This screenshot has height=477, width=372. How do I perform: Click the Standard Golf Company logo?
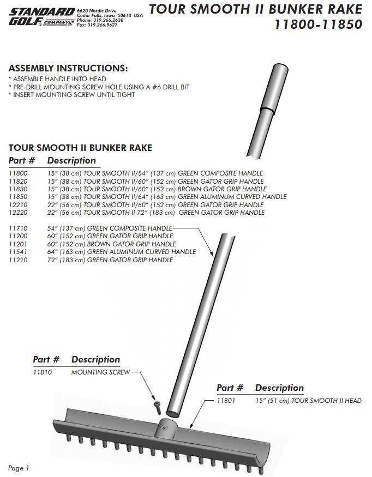point(41,17)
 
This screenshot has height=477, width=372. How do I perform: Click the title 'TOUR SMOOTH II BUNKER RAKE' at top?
point(255,9)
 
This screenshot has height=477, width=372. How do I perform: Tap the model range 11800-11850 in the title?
point(318,25)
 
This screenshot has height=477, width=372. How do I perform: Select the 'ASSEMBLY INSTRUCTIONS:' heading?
point(68,69)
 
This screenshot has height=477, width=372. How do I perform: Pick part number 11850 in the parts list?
point(18,197)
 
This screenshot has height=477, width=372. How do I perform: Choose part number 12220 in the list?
point(18,212)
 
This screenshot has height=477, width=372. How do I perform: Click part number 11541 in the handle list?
point(18,252)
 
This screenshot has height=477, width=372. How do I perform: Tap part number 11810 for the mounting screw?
point(43,372)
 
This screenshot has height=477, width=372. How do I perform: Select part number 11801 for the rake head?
point(226,401)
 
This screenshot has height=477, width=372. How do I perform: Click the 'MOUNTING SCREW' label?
point(101,372)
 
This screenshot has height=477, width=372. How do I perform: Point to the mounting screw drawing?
point(157,406)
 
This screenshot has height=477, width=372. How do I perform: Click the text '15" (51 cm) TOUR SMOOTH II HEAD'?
point(308,401)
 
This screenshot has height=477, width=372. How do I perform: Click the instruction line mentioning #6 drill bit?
point(99,87)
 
